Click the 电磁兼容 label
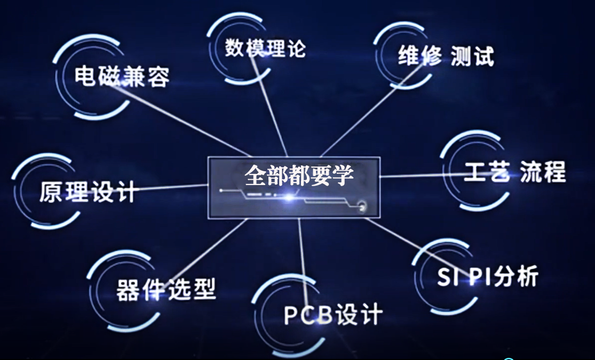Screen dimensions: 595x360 click(122, 77)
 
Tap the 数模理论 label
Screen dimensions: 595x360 click(265, 47)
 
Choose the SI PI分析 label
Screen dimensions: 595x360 click(487, 277)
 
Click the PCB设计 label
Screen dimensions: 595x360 click(332, 314)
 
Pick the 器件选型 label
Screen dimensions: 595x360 click(165, 290)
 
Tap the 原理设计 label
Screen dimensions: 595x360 click(88, 192)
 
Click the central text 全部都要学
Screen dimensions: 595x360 click(299, 174)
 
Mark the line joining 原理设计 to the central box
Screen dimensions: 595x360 click(171, 188)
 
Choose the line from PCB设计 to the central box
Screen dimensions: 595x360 click(302, 256)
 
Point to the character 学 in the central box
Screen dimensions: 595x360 click(343, 174)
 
